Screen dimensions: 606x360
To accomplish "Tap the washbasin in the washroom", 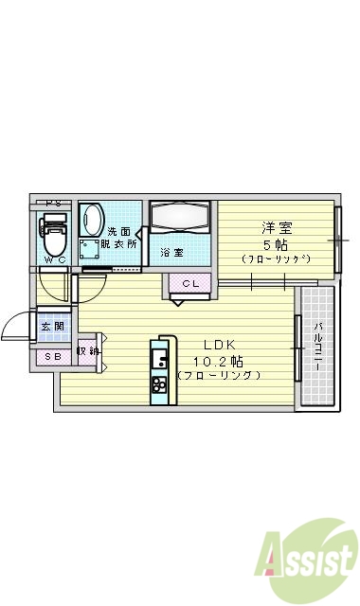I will point(93,222).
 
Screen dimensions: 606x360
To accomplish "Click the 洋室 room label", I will point(276,227).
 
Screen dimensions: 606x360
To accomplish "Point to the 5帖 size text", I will point(276,243).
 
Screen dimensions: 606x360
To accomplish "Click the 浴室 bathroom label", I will point(171,253).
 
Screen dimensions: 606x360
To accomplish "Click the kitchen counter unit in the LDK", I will point(159,369).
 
